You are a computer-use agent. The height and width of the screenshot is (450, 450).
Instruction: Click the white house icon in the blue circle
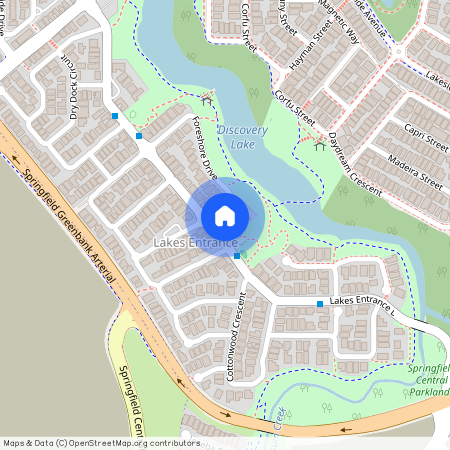point(225,216)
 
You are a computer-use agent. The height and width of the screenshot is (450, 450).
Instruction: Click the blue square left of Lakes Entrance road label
point(320,304)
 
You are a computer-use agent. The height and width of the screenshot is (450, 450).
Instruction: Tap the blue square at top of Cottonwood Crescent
point(237,256)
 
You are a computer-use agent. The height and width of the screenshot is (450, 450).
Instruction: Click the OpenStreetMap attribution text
point(101,443)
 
